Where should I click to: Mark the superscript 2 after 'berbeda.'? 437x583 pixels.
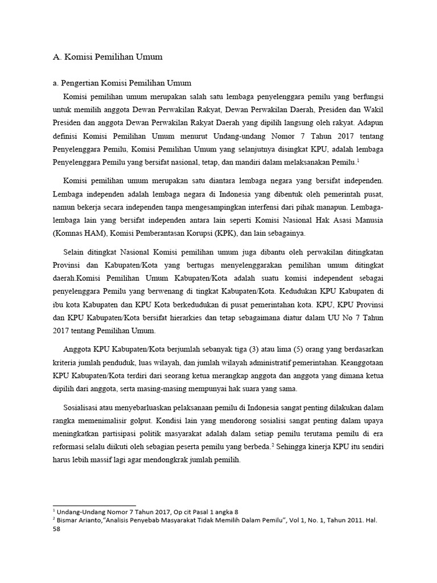275,445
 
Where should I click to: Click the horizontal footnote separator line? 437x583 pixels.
94,504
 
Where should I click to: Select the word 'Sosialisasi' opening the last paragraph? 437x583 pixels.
84,409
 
